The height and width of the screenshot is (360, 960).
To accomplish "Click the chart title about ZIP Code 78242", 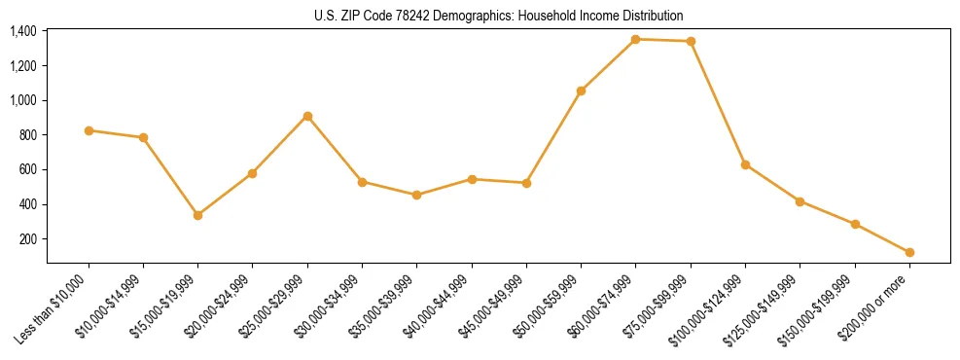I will tap(499, 17).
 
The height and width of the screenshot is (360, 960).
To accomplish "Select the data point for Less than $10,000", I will tap(89, 130).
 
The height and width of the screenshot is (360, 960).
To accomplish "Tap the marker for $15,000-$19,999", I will tap(198, 215).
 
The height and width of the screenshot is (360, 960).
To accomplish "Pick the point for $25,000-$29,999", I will tap(307, 116).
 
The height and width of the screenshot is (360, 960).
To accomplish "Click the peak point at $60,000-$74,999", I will tap(635, 39).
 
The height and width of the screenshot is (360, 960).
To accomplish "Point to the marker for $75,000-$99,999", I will tap(691, 41).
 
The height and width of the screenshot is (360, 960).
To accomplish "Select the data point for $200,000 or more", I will tap(909, 252).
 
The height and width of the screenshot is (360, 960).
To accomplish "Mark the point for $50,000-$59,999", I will tap(581, 90).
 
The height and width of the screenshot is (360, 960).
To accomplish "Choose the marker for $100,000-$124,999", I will tap(745, 164).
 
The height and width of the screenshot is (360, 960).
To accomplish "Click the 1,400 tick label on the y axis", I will tap(23, 31).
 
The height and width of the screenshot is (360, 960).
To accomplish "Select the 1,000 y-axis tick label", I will tap(23, 100).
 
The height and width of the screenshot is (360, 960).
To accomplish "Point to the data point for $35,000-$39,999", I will tap(416, 195).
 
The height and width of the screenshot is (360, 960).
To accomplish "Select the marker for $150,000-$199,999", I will tap(855, 224).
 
